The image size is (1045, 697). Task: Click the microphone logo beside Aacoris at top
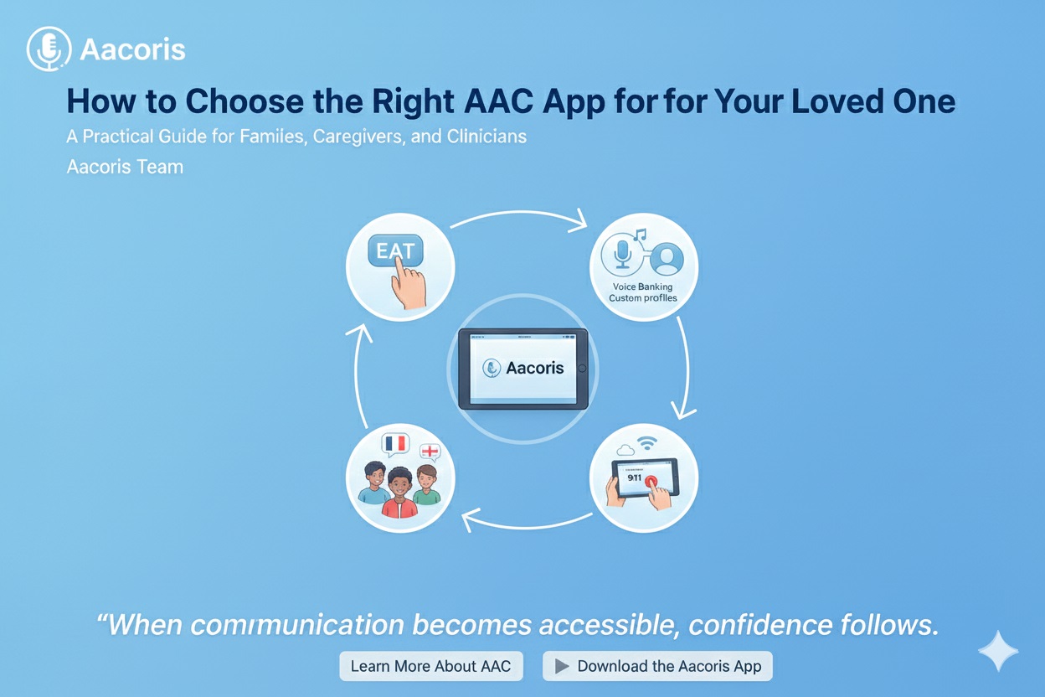click(49, 49)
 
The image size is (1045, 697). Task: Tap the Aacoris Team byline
click(125, 167)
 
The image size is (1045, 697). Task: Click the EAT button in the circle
click(395, 250)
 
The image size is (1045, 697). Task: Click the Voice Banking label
click(642, 287)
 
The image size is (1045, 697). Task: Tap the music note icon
click(640, 235)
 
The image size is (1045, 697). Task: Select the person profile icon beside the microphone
click(667, 258)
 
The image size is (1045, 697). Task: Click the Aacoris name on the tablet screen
click(534, 368)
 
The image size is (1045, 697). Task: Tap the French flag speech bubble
click(395, 445)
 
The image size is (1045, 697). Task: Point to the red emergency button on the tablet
click(651, 482)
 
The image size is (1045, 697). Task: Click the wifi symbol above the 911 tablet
click(646, 442)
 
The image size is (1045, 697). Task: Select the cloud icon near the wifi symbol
click(625, 450)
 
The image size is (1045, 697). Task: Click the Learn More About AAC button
click(431, 666)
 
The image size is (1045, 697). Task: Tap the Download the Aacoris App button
click(657, 666)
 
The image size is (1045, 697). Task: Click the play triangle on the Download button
click(561, 666)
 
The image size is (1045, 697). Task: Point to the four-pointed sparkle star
click(998, 651)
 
